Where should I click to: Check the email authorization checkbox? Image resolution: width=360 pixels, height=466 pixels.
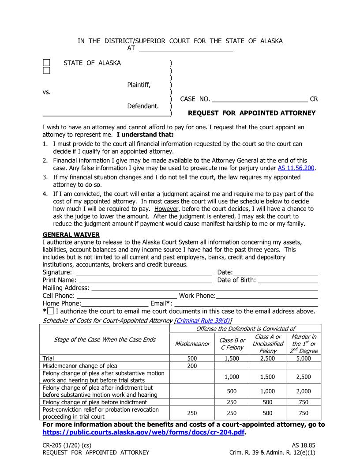coord(51,312)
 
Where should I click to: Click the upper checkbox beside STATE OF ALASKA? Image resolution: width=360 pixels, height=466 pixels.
coord(46,63)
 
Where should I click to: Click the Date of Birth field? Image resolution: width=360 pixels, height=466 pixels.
coord(288,280)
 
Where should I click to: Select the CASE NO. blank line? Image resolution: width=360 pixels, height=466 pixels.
coord(260,99)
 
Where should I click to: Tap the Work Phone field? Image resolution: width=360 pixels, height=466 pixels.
coord(267,296)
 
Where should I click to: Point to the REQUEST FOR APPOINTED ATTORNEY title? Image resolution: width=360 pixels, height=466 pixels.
coord(251,113)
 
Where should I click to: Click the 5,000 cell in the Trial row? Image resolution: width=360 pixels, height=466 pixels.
coord(303,358)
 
